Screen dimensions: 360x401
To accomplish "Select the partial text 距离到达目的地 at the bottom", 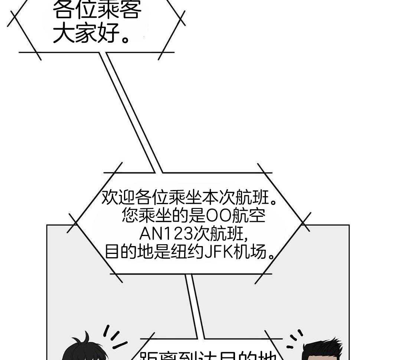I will (208, 355).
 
